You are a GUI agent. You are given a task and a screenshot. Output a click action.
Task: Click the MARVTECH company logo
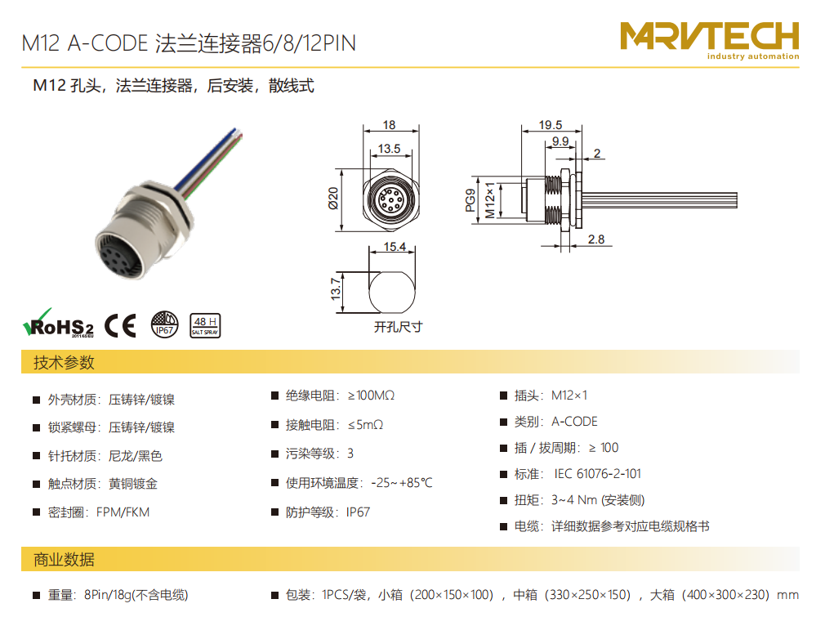709,41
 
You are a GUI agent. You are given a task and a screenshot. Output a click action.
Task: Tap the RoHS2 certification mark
58,324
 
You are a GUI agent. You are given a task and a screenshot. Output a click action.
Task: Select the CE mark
121,326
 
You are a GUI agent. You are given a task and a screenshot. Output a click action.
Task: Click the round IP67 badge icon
164,325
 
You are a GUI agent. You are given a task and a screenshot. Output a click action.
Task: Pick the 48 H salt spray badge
205,325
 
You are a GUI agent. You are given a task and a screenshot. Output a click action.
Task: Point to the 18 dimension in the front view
390,125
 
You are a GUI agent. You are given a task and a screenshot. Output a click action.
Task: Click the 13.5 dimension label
390,149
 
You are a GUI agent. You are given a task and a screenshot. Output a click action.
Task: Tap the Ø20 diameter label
333,199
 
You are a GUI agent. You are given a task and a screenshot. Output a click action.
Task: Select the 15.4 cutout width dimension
395,247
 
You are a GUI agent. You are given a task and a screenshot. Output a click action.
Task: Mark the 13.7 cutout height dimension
336,288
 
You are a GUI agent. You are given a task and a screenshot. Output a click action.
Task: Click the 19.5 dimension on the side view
551,125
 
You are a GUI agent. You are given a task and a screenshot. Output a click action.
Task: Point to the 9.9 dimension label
560,141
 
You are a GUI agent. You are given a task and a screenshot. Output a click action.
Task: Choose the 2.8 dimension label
596,239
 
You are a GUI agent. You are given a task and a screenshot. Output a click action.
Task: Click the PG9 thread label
470,200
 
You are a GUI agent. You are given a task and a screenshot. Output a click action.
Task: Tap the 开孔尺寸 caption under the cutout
398,327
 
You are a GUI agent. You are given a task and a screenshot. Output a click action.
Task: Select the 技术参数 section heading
64,362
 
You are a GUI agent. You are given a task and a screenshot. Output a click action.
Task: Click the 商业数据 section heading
64,559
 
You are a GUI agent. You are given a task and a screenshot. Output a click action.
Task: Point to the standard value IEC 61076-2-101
597,474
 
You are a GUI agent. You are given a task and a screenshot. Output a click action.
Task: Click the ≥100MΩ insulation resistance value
371,396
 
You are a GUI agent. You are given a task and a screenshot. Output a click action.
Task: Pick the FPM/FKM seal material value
123,512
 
